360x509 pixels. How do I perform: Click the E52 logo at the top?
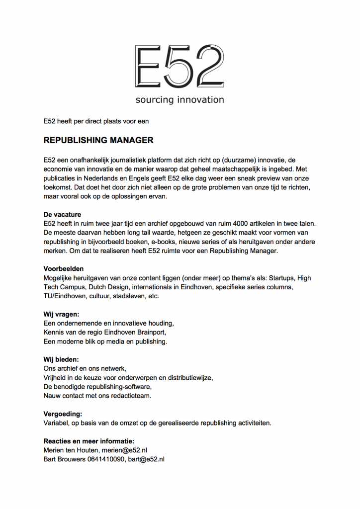click(x=180, y=66)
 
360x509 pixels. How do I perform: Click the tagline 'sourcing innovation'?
click(x=180, y=100)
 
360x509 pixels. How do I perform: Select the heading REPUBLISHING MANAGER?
click(x=98, y=141)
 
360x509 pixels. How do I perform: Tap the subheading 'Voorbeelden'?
click(x=64, y=269)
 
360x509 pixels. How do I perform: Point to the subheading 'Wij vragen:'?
click(x=62, y=314)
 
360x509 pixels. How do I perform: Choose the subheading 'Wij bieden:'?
click(x=61, y=359)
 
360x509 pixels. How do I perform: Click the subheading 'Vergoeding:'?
click(x=63, y=414)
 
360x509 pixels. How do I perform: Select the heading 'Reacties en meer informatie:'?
click(x=89, y=441)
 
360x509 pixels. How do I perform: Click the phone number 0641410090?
click(x=102, y=459)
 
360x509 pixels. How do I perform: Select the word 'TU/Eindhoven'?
click(x=65, y=296)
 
